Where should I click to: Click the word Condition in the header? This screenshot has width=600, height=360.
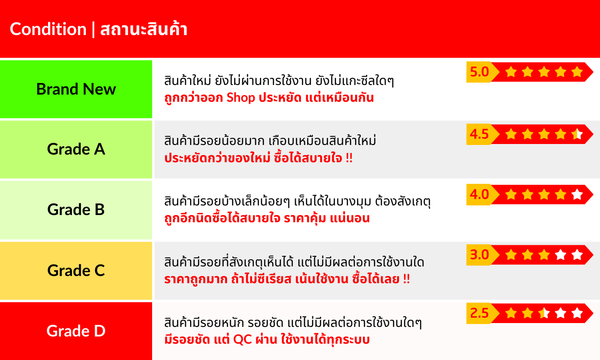pos(48,29)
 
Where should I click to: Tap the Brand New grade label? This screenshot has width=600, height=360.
pos(76,89)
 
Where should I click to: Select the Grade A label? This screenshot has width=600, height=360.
pos(76,149)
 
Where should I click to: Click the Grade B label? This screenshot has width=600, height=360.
pos(76,209)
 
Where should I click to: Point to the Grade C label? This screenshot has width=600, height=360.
pos(76,270)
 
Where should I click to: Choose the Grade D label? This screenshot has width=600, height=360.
pos(76,331)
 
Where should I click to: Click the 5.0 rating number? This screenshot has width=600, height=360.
pos(480,72)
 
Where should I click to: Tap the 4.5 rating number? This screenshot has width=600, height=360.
pos(480,134)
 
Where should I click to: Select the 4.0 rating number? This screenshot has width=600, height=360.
pos(480,194)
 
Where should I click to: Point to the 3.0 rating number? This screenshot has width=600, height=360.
pos(480,254)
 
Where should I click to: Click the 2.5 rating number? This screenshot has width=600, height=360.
pos(480,313)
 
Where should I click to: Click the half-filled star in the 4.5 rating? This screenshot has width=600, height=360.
pos(577,134)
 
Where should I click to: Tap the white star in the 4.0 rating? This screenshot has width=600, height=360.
pos(577,194)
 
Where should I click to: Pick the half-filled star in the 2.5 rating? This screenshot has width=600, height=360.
pos(544,313)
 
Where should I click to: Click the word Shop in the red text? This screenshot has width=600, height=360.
pos(240,98)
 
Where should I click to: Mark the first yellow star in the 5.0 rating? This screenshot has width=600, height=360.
pos(511,72)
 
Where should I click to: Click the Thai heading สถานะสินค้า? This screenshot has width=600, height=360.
pos(144,29)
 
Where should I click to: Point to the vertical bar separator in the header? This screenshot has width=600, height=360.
pos(93,29)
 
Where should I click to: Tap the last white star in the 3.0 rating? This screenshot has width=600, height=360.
pos(577,254)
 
